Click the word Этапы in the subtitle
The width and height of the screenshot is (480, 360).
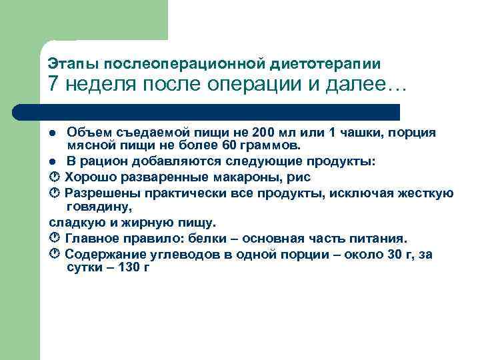[x=69, y=64]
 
